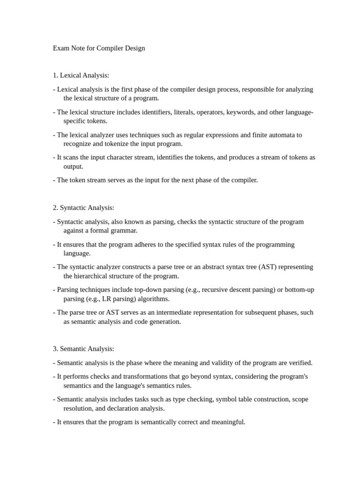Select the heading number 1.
tap(55, 75)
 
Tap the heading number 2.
tap(55, 207)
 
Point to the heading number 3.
tap(55, 349)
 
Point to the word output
tap(73, 166)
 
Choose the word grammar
tap(124, 231)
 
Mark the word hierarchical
tap(94, 276)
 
